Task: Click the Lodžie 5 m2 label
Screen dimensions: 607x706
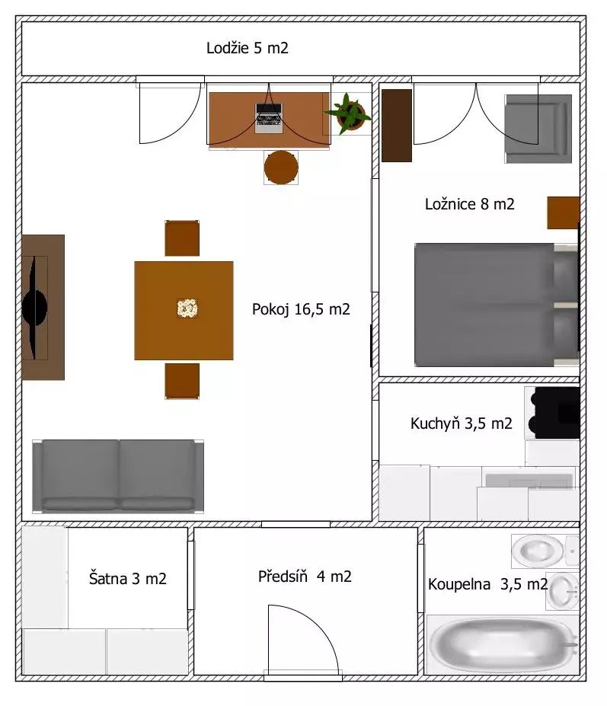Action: tap(248, 48)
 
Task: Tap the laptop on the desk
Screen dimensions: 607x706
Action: tap(269, 118)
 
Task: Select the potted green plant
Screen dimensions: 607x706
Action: tap(347, 113)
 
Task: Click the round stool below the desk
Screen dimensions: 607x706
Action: tap(281, 168)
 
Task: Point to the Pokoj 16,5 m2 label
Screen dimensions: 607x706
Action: tap(301, 309)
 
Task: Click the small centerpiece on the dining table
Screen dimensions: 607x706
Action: tap(187, 308)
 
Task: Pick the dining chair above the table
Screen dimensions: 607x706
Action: tap(182, 238)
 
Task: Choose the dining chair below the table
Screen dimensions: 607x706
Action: tap(182, 382)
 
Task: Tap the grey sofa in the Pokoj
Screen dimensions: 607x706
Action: tap(118, 476)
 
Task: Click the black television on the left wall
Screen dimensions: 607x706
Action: tap(35, 308)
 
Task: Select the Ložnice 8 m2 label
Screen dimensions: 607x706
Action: tap(470, 204)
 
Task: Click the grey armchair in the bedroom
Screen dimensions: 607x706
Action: tap(538, 129)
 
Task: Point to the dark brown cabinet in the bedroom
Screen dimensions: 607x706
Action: tap(397, 126)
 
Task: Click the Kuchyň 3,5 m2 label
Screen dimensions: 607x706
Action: tap(461, 423)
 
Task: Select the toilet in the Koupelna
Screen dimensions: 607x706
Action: tap(545, 551)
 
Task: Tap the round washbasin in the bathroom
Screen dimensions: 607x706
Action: tap(563, 591)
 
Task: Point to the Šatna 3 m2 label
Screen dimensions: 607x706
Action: tap(127, 579)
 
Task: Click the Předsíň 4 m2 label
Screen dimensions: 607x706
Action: tap(305, 577)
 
